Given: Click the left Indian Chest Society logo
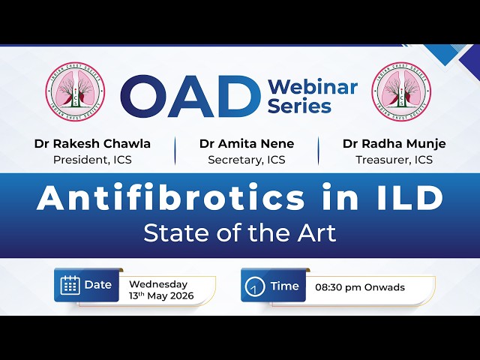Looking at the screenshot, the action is pyautogui.click(x=75, y=91).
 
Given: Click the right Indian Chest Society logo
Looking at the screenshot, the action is pyautogui.click(x=401, y=91).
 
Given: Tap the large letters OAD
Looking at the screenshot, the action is pyautogui.click(x=186, y=96).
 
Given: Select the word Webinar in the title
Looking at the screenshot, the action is pyautogui.click(x=313, y=87).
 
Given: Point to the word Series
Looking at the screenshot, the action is pyautogui.click(x=299, y=106).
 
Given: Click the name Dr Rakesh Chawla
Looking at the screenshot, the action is pyautogui.click(x=92, y=143).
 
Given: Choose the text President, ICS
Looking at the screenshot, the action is pyautogui.click(x=92, y=160).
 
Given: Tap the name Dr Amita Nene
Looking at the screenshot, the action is pyautogui.click(x=247, y=143).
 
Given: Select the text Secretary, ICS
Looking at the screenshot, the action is pyautogui.click(x=247, y=160).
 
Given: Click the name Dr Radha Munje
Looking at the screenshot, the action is pyautogui.click(x=394, y=144).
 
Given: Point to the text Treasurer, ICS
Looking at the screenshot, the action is pyautogui.click(x=394, y=160).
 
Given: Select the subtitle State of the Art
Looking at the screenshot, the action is pyautogui.click(x=240, y=233).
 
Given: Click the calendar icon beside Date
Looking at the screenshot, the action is pyautogui.click(x=70, y=285).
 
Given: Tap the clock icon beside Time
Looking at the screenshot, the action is pyautogui.click(x=255, y=286).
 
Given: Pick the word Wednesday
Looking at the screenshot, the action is pyautogui.click(x=158, y=284).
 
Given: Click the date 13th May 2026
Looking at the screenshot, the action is pyautogui.click(x=161, y=296).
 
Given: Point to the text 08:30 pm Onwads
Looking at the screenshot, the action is pyautogui.click(x=360, y=287).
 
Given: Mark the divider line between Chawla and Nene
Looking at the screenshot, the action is pyautogui.click(x=175, y=151).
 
